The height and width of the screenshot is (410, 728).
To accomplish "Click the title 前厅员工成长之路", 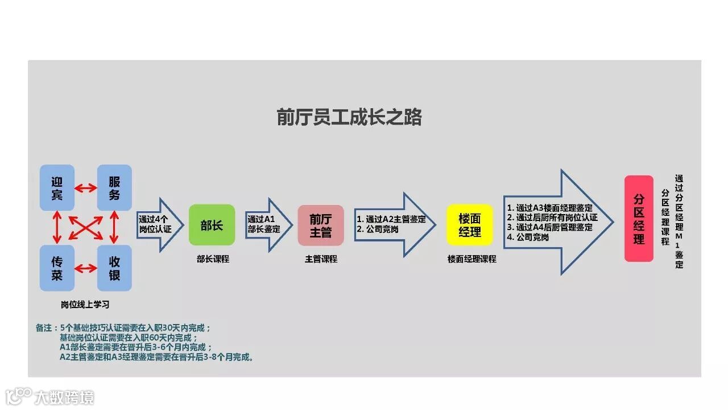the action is pos(349,117).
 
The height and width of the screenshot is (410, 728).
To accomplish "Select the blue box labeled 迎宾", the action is pos(57,187).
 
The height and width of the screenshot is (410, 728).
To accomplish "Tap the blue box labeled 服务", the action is pos(114,187).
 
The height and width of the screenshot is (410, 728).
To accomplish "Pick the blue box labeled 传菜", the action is pos(57,268).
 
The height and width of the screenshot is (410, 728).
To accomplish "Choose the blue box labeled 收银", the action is pos(114,268).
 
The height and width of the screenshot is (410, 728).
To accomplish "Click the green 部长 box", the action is pos(212,225).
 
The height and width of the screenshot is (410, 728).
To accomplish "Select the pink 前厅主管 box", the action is pos(321,225).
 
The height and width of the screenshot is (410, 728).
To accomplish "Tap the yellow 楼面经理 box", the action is pos(469,225).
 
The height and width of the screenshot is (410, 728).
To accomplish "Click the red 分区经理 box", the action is pos(639,219).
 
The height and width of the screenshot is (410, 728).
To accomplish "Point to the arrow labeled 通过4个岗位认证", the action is pos(158,224).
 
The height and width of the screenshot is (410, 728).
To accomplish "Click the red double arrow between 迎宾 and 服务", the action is pos(86,187).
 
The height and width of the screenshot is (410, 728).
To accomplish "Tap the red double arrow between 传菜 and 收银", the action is pos(86,268).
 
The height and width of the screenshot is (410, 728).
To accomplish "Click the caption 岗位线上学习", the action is pos(85,305).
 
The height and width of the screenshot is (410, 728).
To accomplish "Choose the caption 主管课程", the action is pos(321,259).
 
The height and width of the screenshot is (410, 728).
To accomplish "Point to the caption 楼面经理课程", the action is pos(471,259).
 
